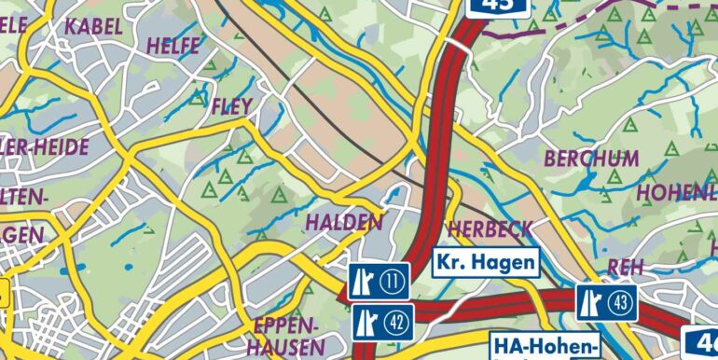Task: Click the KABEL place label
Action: coord(94,26)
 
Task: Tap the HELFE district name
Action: coord(173,44)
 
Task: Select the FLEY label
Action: coord(232,107)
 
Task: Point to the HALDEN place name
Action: coord(344,222)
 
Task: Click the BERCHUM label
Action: coord(591,158)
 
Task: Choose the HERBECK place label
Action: coord(490,228)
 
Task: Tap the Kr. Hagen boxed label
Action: coord(486,262)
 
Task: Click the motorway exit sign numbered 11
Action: coord(380,280)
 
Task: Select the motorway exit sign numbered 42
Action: coord(382,323)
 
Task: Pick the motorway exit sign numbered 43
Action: coord(606,302)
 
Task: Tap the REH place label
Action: coord(625,268)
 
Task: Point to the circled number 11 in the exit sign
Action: coord(394,280)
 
